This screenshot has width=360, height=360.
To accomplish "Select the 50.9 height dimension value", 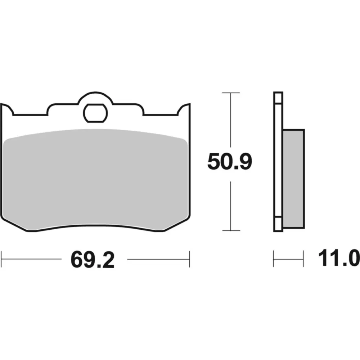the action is (x=230, y=162).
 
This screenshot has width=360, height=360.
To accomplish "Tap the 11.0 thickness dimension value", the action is (x=339, y=258).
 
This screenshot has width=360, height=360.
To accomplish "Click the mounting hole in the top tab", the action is (x=95, y=113).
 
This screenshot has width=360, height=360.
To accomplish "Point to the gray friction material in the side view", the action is (x=294, y=179).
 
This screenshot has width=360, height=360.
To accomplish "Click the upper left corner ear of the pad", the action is (x=7, y=109).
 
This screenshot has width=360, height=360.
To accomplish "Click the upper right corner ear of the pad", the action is (x=184, y=109).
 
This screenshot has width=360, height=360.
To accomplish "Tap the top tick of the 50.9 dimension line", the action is (x=231, y=93).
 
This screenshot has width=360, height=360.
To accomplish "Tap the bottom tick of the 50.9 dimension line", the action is (x=231, y=230).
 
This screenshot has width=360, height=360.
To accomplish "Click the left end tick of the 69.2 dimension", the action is (x=1, y=259).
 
